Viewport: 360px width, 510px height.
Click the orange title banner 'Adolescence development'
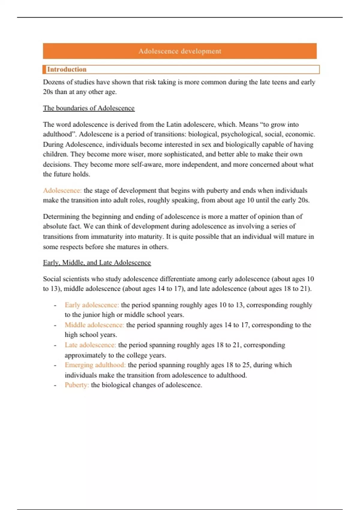pos(180,51)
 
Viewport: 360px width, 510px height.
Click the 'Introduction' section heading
pos(67,69)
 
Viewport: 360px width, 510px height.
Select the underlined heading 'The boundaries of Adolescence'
pos(88,108)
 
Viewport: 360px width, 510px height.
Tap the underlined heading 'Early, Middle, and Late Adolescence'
pos(97,262)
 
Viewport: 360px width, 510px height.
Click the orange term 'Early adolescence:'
pos(91,305)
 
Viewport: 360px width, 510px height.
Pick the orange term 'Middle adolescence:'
pos(94,325)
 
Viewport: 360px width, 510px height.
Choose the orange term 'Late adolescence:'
pos(90,345)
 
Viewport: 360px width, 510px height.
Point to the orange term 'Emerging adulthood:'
pos(95,365)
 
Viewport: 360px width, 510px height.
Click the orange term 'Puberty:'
pos(77,385)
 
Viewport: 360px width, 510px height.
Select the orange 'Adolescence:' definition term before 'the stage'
pos(62,190)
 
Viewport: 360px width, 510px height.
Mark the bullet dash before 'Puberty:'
pos(55,385)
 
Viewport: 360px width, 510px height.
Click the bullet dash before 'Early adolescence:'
pos(55,305)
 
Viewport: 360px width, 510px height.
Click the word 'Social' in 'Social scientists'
pos(51,279)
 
